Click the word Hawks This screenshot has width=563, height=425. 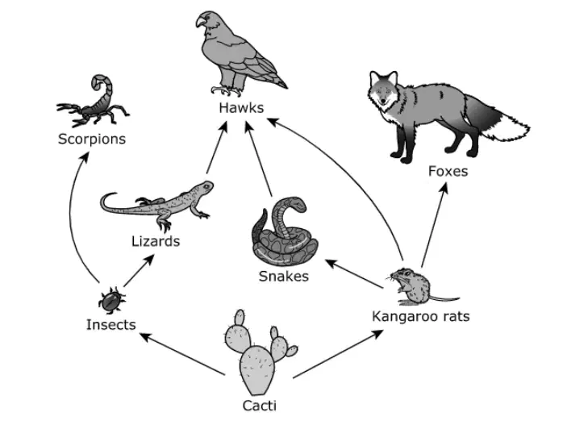click(241, 108)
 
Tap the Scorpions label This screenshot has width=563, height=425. click(92, 140)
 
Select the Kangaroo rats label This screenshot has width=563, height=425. click(421, 317)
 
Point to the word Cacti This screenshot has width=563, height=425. click(259, 406)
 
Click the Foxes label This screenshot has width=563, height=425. click(448, 171)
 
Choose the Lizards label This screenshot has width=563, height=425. click(156, 241)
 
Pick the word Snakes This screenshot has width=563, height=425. click(284, 277)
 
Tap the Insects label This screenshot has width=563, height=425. click(111, 324)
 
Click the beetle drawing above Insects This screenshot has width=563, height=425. click(112, 301)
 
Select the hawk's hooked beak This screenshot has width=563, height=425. click(200, 22)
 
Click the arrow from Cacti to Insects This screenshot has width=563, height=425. click(182, 354)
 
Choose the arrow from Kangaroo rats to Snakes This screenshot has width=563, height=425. click(354, 273)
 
